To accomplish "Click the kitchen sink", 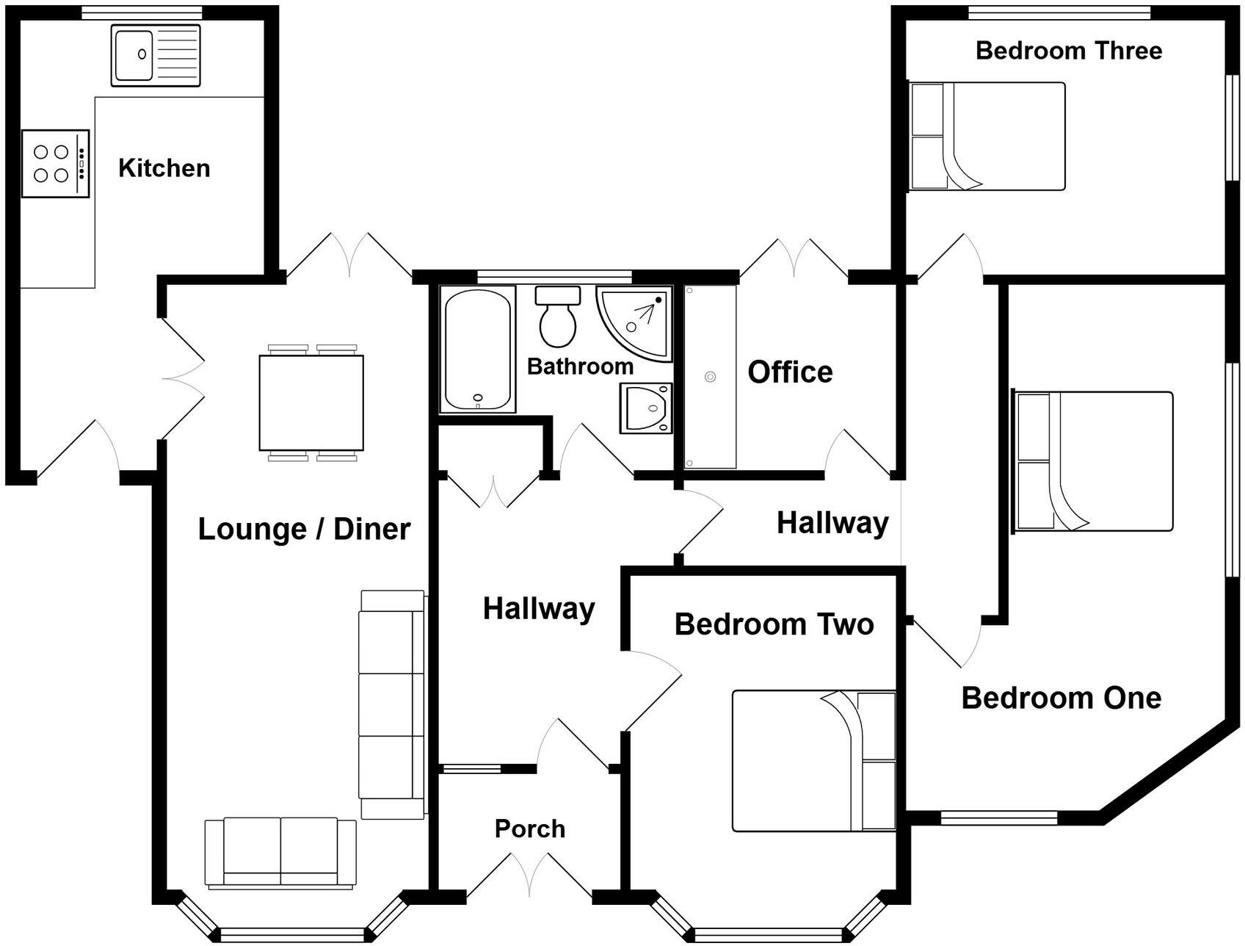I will coord(156,55).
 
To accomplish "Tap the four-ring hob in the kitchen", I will coord(55,164).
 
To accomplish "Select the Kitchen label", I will coord(164,168).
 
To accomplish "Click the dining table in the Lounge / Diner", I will coord(311,402).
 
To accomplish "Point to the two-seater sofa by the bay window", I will coord(280,853).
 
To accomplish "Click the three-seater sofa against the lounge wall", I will coord(391,704).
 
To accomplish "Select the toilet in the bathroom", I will coord(558,318).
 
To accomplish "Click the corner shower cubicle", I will coord(636,322).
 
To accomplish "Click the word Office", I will coord(790,372).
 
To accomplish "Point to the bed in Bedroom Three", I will coord(987,137).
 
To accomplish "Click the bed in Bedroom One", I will coord(1092,461).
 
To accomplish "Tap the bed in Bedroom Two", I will coord(813,761).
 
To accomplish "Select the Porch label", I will coord(530,828).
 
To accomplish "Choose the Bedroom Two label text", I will coord(774,624).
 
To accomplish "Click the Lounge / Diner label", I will coord(304,529).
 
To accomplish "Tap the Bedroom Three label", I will coord(1068,51).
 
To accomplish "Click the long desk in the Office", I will coord(710,377).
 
